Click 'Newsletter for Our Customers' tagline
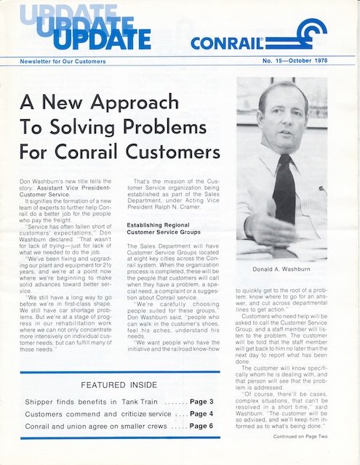[x=63, y=62]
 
